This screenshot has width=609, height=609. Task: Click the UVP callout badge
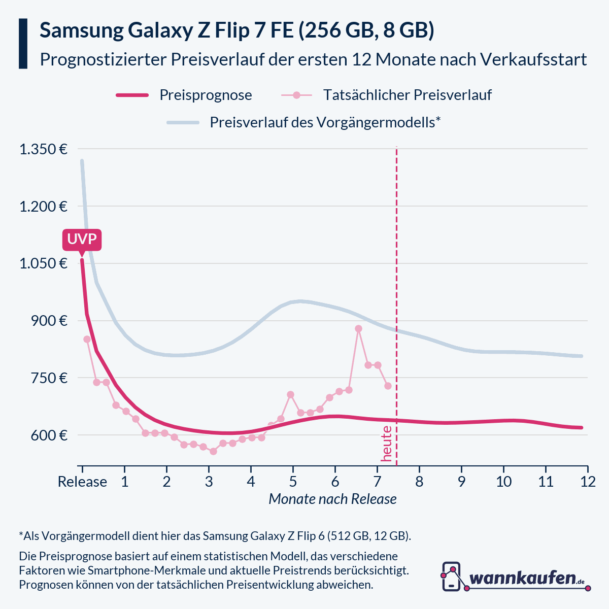pyautogui.click(x=82, y=240)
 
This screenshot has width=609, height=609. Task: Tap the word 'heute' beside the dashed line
pyautogui.click(x=387, y=444)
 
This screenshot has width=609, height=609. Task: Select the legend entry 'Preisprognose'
pyautogui.click(x=206, y=95)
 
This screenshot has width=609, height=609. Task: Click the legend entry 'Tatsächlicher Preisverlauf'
pyautogui.click(x=407, y=95)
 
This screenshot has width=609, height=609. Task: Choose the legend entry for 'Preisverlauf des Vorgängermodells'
pyautogui.click(x=325, y=122)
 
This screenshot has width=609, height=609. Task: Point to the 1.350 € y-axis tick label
pyautogui.click(x=43, y=149)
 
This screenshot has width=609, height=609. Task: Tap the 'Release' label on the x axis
pyautogui.click(x=82, y=481)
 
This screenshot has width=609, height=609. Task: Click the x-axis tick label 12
pyautogui.click(x=587, y=481)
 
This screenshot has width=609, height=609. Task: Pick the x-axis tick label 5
pyautogui.click(x=293, y=481)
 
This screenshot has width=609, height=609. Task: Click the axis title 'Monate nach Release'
pyautogui.click(x=332, y=499)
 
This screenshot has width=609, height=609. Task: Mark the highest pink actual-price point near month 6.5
pyautogui.click(x=358, y=329)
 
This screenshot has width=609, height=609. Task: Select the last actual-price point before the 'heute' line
pyautogui.click(x=388, y=386)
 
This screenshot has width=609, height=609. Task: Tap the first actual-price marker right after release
pyautogui.click(x=87, y=339)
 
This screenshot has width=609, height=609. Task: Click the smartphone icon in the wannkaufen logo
pyautogui.click(x=451, y=576)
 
